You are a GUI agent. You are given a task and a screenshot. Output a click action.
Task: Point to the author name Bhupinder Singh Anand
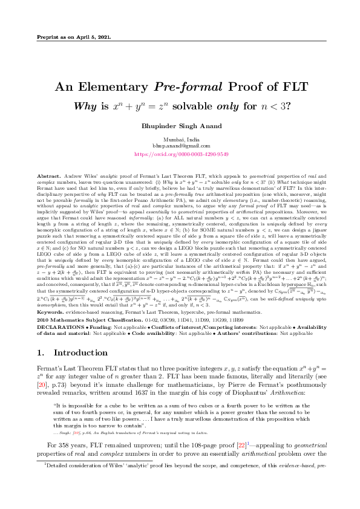point(180,126)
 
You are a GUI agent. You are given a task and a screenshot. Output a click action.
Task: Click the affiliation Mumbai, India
point(180,139)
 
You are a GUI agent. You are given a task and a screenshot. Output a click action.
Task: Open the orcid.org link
point(180,154)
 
